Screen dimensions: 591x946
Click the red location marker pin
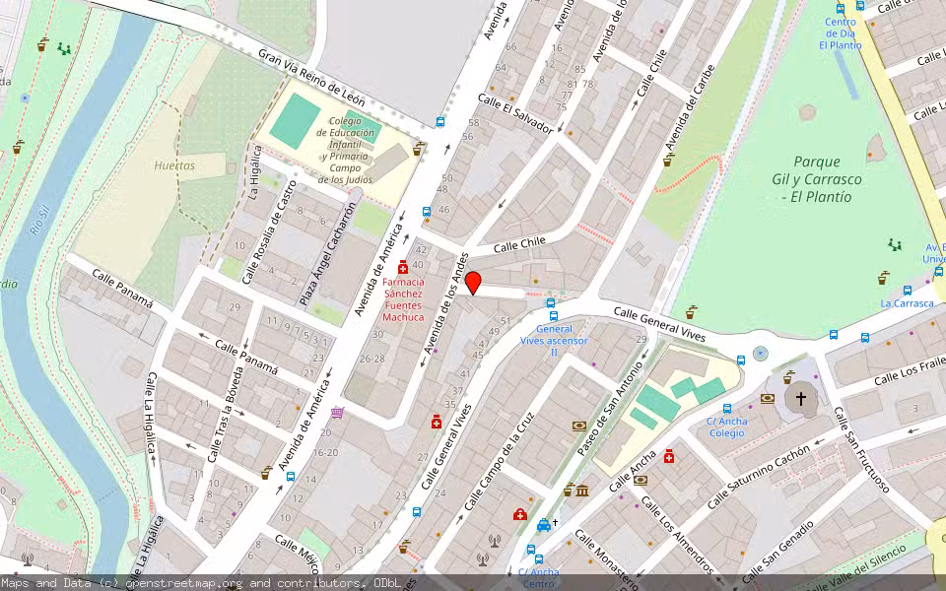click(x=473, y=283)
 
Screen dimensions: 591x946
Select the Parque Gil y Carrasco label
click(x=817, y=178)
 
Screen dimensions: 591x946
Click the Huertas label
click(x=174, y=165)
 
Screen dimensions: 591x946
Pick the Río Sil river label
click(x=37, y=216)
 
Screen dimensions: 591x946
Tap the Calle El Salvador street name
click(x=514, y=113)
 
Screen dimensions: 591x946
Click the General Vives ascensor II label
click(x=554, y=340)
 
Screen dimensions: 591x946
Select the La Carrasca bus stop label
click(x=907, y=303)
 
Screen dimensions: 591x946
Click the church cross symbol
click(x=800, y=399)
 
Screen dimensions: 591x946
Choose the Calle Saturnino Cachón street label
click(x=758, y=475)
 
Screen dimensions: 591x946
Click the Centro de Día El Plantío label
click(x=840, y=33)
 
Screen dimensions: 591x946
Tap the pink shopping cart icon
click(x=337, y=414)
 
